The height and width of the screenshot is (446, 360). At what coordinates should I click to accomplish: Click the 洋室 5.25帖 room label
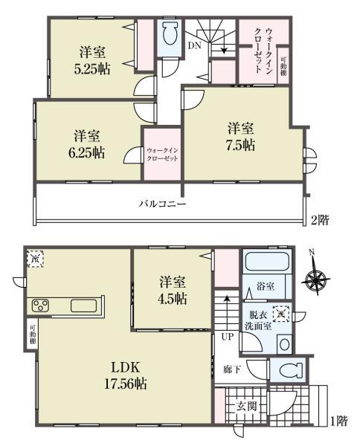[92, 59]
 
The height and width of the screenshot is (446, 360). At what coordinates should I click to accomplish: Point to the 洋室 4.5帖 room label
[171, 291]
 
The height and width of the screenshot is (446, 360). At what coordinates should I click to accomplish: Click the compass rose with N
[317, 282]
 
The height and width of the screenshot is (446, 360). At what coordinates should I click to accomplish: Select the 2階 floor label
[320, 219]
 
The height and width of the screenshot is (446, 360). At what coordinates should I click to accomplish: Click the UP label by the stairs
[225, 337]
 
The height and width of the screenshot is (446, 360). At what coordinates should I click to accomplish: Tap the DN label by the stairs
[194, 46]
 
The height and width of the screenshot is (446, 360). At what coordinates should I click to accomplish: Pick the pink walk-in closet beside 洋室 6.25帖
[161, 154]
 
